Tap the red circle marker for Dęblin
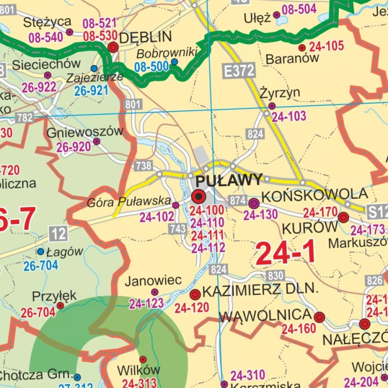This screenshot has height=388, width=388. click(x=113, y=48)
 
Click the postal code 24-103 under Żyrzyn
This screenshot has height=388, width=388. click(x=289, y=117)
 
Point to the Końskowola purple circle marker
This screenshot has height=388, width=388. click(x=253, y=203)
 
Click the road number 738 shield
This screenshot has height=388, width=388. click(x=143, y=166)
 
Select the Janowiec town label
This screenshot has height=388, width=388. click(x=153, y=280)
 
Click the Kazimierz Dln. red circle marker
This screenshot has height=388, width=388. click(x=195, y=295)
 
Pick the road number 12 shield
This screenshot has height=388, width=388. click(x=58, y=234)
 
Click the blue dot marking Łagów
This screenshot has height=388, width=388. click(x=40, y=251)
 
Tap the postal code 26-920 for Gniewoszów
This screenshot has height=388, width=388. click(x=73, y=147)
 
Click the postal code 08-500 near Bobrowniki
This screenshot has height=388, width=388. click(x=152, y=66)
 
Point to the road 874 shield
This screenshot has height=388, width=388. click(x=237, y=200)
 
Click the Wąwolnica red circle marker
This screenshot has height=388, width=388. click(x=319, y=317)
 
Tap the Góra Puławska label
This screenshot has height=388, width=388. click(x=129, y=201)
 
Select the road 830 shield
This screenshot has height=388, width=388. click(x=276, y=275)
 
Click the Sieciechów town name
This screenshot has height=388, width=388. click(x=47, y=64)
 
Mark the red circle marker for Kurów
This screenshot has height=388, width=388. click(x=343, y=218)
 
